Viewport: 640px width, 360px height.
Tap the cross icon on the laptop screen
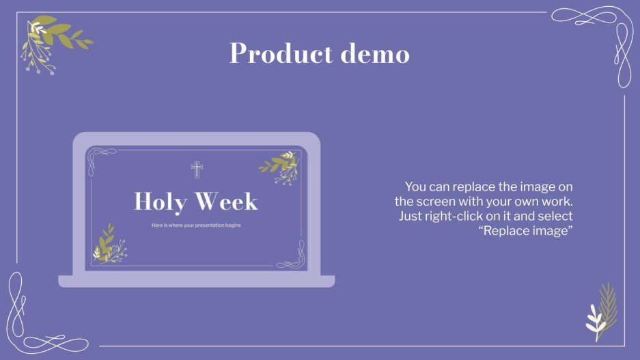pos(197,169)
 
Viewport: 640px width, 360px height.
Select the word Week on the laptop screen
pos(227,202)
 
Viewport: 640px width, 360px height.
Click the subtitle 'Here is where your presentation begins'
pos(196,225)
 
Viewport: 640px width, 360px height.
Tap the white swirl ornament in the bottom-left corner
pos(31,318)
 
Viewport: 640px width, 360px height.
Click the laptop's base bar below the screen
pos(197,281)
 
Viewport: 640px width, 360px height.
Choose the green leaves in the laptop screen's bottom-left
pos(109,243)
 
